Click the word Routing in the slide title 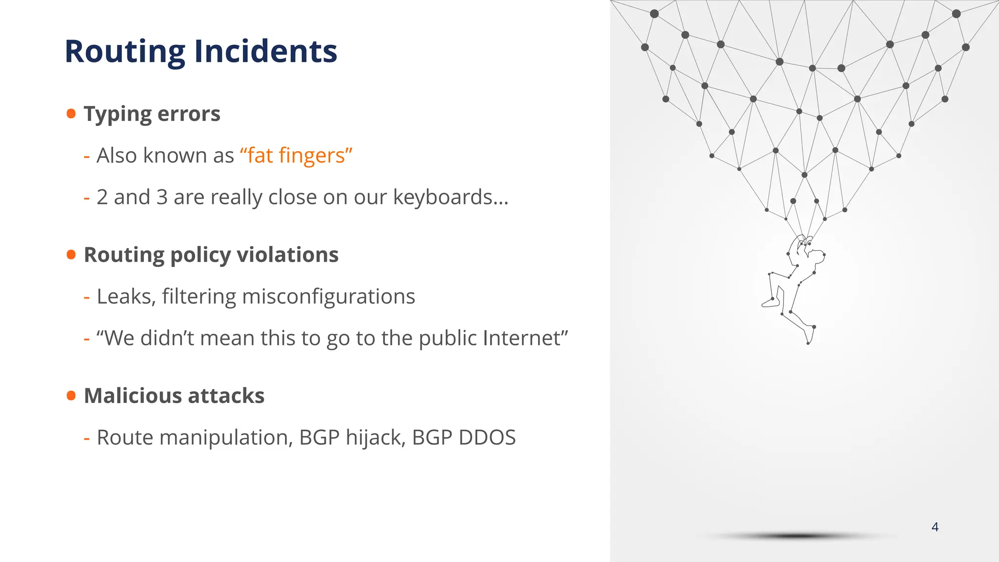point(125,52)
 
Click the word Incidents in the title point(266,52)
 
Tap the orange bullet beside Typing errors point(71,114)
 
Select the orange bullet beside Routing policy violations point(71,255)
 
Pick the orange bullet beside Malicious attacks point(71,395)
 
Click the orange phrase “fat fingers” point(296,156)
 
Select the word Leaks point(126,297)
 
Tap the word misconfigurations point(328,297)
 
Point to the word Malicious point(132,396)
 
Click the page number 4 point(935,527)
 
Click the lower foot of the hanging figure point(810,337)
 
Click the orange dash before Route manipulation point(87,438)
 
